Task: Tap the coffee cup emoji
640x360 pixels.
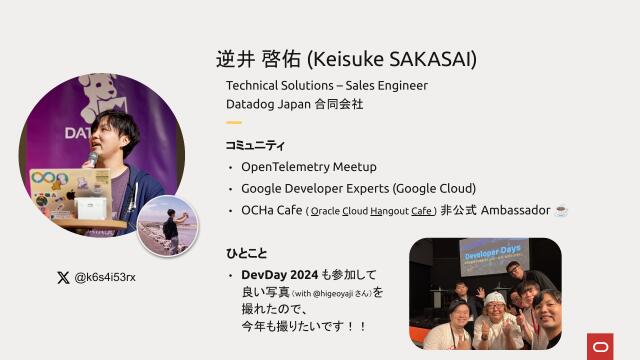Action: click(561, 211)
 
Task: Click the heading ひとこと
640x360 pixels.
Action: click(247, 253)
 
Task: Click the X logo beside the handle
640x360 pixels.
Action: click(63, 277)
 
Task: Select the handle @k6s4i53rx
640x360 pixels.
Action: click(105, 277)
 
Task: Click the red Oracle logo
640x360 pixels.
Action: click(603, 345)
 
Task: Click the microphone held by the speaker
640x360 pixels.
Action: click(92, 157)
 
